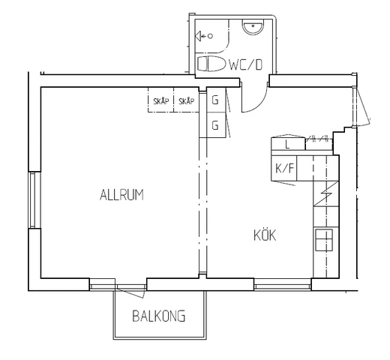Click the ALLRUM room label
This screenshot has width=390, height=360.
tap(121, 195)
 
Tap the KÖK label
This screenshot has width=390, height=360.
tap(265, 235)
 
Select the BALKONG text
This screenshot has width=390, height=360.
tap(159, 316)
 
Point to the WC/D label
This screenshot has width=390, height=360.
tap(245, 64)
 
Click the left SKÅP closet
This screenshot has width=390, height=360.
tap(160, 100)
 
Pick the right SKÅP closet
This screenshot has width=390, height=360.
tap(186, 100)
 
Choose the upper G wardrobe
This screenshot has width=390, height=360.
tap(216, 100)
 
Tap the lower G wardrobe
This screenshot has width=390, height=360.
tap(216, 125)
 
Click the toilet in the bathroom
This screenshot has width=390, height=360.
tap(211, 64)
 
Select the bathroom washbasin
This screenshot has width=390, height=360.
tap(253, 27)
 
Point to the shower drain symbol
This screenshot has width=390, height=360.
tap(204, 36)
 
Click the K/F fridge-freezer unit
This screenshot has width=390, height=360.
tap(284, 168)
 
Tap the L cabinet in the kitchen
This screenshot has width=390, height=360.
tap(288, 144)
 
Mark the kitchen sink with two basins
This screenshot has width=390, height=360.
tap(324, 240)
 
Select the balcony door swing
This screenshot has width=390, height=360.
tap(130, 292)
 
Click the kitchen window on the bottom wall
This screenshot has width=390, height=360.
tap(283, 285)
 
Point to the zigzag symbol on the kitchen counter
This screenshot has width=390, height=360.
tap(325, 193)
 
